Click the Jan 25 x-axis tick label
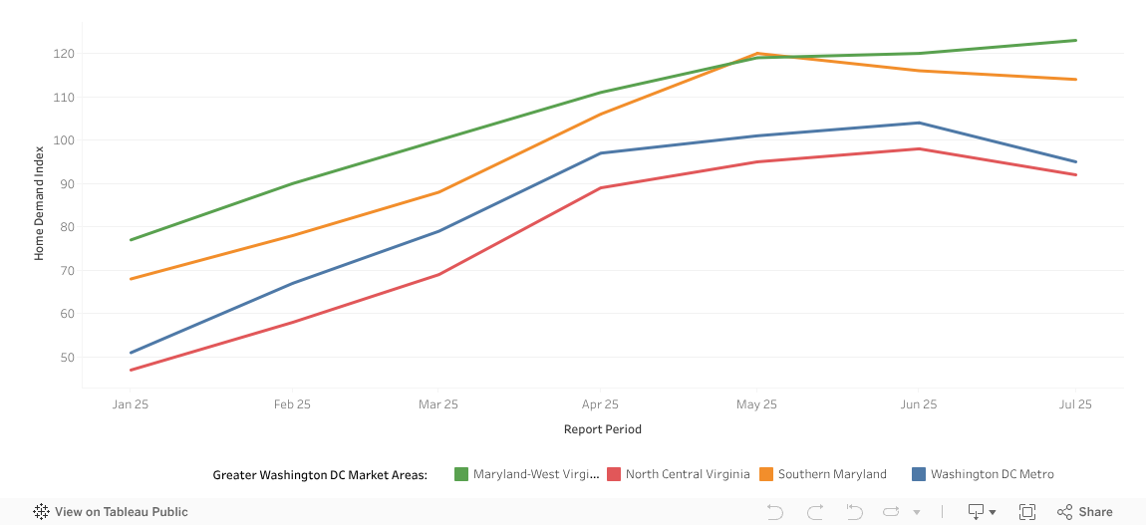131,404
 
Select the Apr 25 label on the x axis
600,404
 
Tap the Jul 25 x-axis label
1075,404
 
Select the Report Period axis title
602,429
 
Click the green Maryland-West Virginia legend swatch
461,474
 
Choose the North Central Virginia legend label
688,474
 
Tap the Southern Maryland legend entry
832,474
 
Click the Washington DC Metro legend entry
992,474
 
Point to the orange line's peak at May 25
757,54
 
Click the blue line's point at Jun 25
919,124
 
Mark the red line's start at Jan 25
131,370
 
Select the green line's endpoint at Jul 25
1075,41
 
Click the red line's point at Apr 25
600,187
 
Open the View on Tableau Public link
111,512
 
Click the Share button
1085,512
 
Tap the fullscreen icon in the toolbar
1027,512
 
